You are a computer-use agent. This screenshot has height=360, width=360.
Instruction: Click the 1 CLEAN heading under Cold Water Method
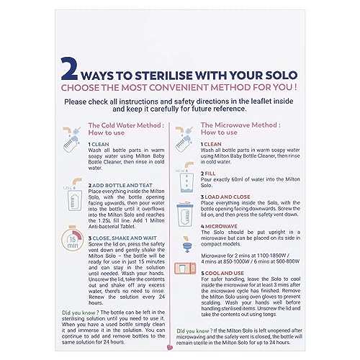pos(101,144)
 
